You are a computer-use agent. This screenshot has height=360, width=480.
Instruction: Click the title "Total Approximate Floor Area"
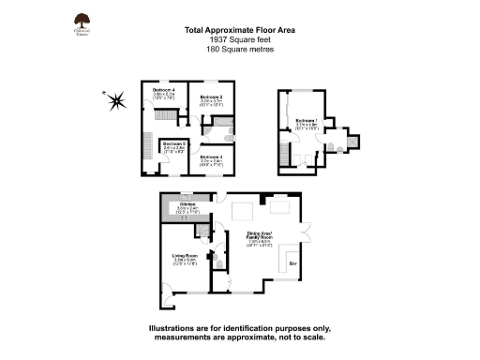239,30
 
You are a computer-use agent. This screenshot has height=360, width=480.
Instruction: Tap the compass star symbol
115,100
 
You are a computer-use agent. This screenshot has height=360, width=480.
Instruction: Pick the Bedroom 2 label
210,97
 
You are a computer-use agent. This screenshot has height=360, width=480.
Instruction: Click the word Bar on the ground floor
293,265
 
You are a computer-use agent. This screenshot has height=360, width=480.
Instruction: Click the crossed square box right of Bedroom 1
352,142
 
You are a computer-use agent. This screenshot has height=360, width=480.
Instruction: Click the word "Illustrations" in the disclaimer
176,328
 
